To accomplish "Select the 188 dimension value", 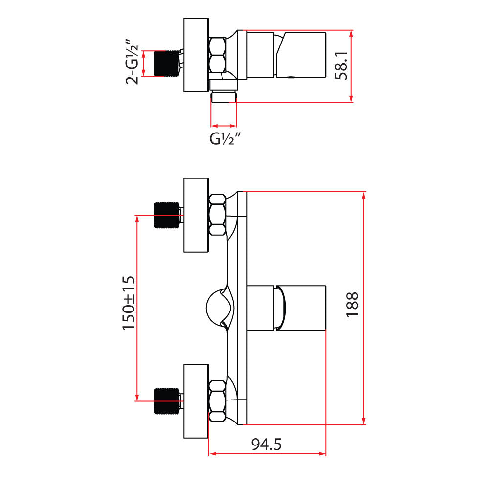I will [x=353, y=305].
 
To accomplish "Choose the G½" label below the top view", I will [x=224, y=139].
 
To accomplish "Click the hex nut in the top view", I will [x=217, y=56].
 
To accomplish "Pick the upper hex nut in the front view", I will [x=217, y=215].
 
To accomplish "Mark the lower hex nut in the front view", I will [x=217, y=401].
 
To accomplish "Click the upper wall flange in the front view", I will [x=196, y=215].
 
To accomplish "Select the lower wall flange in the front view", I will [x=196, y=401].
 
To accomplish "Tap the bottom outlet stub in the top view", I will [x=223, y=96].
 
